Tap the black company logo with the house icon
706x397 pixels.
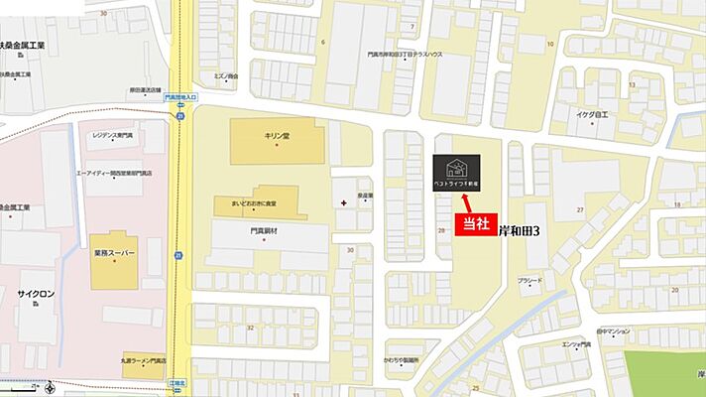pos(457,173)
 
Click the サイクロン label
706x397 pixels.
pos(35,295)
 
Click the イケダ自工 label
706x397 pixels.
pos(598,114)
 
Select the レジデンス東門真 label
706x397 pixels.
pos(112,134)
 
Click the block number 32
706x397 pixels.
pos(250,327)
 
